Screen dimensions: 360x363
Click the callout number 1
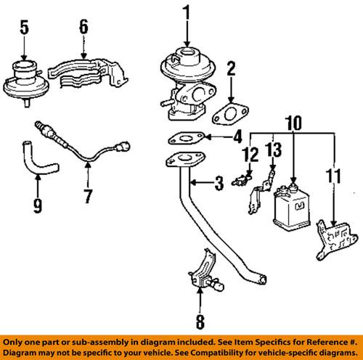pyautogui.click(x=187, y=12)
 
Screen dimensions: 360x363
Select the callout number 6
pyautogui.click(x=83, y=28)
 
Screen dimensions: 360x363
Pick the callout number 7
pyautogui.click(x=87, y=197)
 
